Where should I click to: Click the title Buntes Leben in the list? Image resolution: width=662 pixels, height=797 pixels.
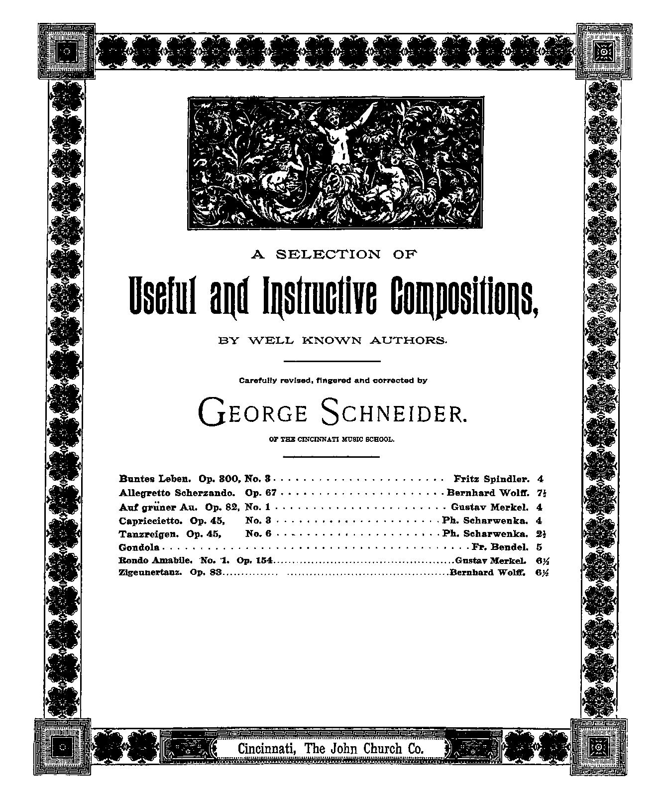pyautogui.click(x=155, y=479)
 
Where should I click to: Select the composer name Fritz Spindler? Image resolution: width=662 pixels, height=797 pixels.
pyautogui.click(x=491, y=479)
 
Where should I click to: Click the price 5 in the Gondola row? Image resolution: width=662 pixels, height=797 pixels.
pyautogui.click(x=540, y=546)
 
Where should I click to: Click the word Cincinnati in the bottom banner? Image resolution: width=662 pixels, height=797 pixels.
pyautogui.click(x=265, y=748)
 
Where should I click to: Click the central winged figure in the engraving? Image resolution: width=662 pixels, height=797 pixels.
pyautogui.click(x=334, y=134)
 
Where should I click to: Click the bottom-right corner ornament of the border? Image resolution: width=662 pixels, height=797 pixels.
pyautogui.click(x=596, y=747)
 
